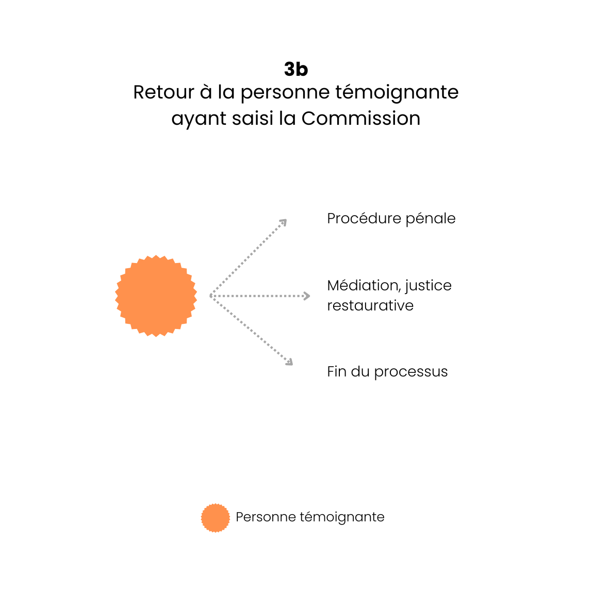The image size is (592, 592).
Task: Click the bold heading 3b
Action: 296,69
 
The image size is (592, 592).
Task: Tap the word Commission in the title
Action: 361,119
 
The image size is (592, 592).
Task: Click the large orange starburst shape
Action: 156,295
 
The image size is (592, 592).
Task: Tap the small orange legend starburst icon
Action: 215,518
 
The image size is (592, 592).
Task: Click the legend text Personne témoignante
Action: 310,517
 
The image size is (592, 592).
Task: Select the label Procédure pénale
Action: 391,219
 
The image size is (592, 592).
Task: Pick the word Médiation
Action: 364,285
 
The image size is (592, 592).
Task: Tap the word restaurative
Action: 370,306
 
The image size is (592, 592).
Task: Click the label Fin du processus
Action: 387,372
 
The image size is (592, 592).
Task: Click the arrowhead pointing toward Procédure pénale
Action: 283,222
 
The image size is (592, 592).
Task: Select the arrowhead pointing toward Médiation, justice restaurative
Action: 307,296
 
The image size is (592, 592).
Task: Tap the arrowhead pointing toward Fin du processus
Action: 289,362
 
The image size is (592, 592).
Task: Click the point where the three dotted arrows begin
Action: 211,295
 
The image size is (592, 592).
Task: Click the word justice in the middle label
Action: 428,286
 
